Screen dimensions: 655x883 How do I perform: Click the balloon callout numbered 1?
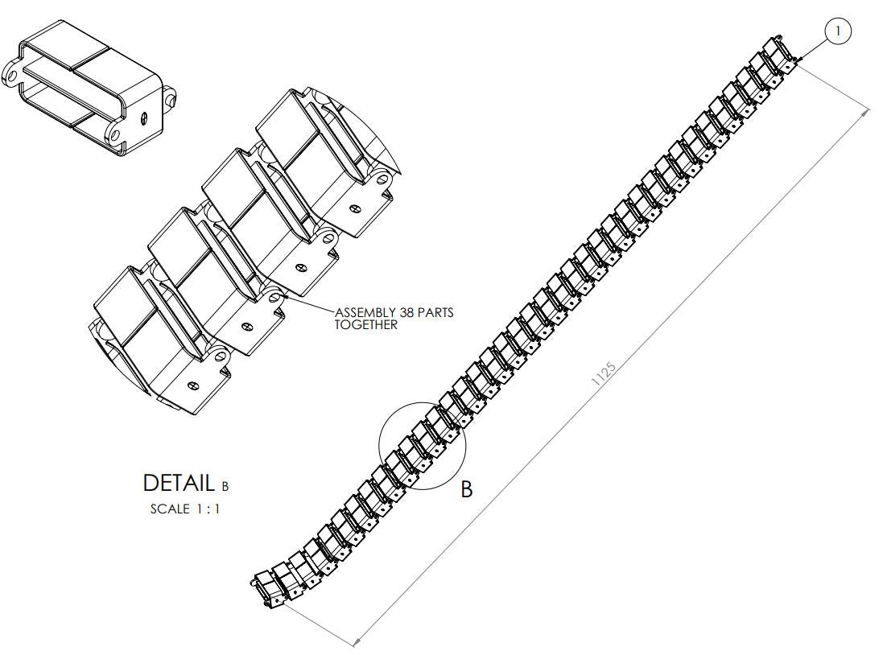[x=838, y=31]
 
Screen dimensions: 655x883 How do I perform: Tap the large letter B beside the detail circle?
[x=467, y=489]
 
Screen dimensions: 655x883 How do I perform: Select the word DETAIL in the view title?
[x=178, y=483]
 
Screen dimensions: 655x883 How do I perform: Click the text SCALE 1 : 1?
[x=185, y=509]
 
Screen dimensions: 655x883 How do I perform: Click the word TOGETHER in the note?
[x=366, y=325]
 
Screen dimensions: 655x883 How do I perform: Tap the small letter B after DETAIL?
[x=225, y=486]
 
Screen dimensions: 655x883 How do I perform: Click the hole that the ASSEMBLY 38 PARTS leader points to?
[x=276, y=298]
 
